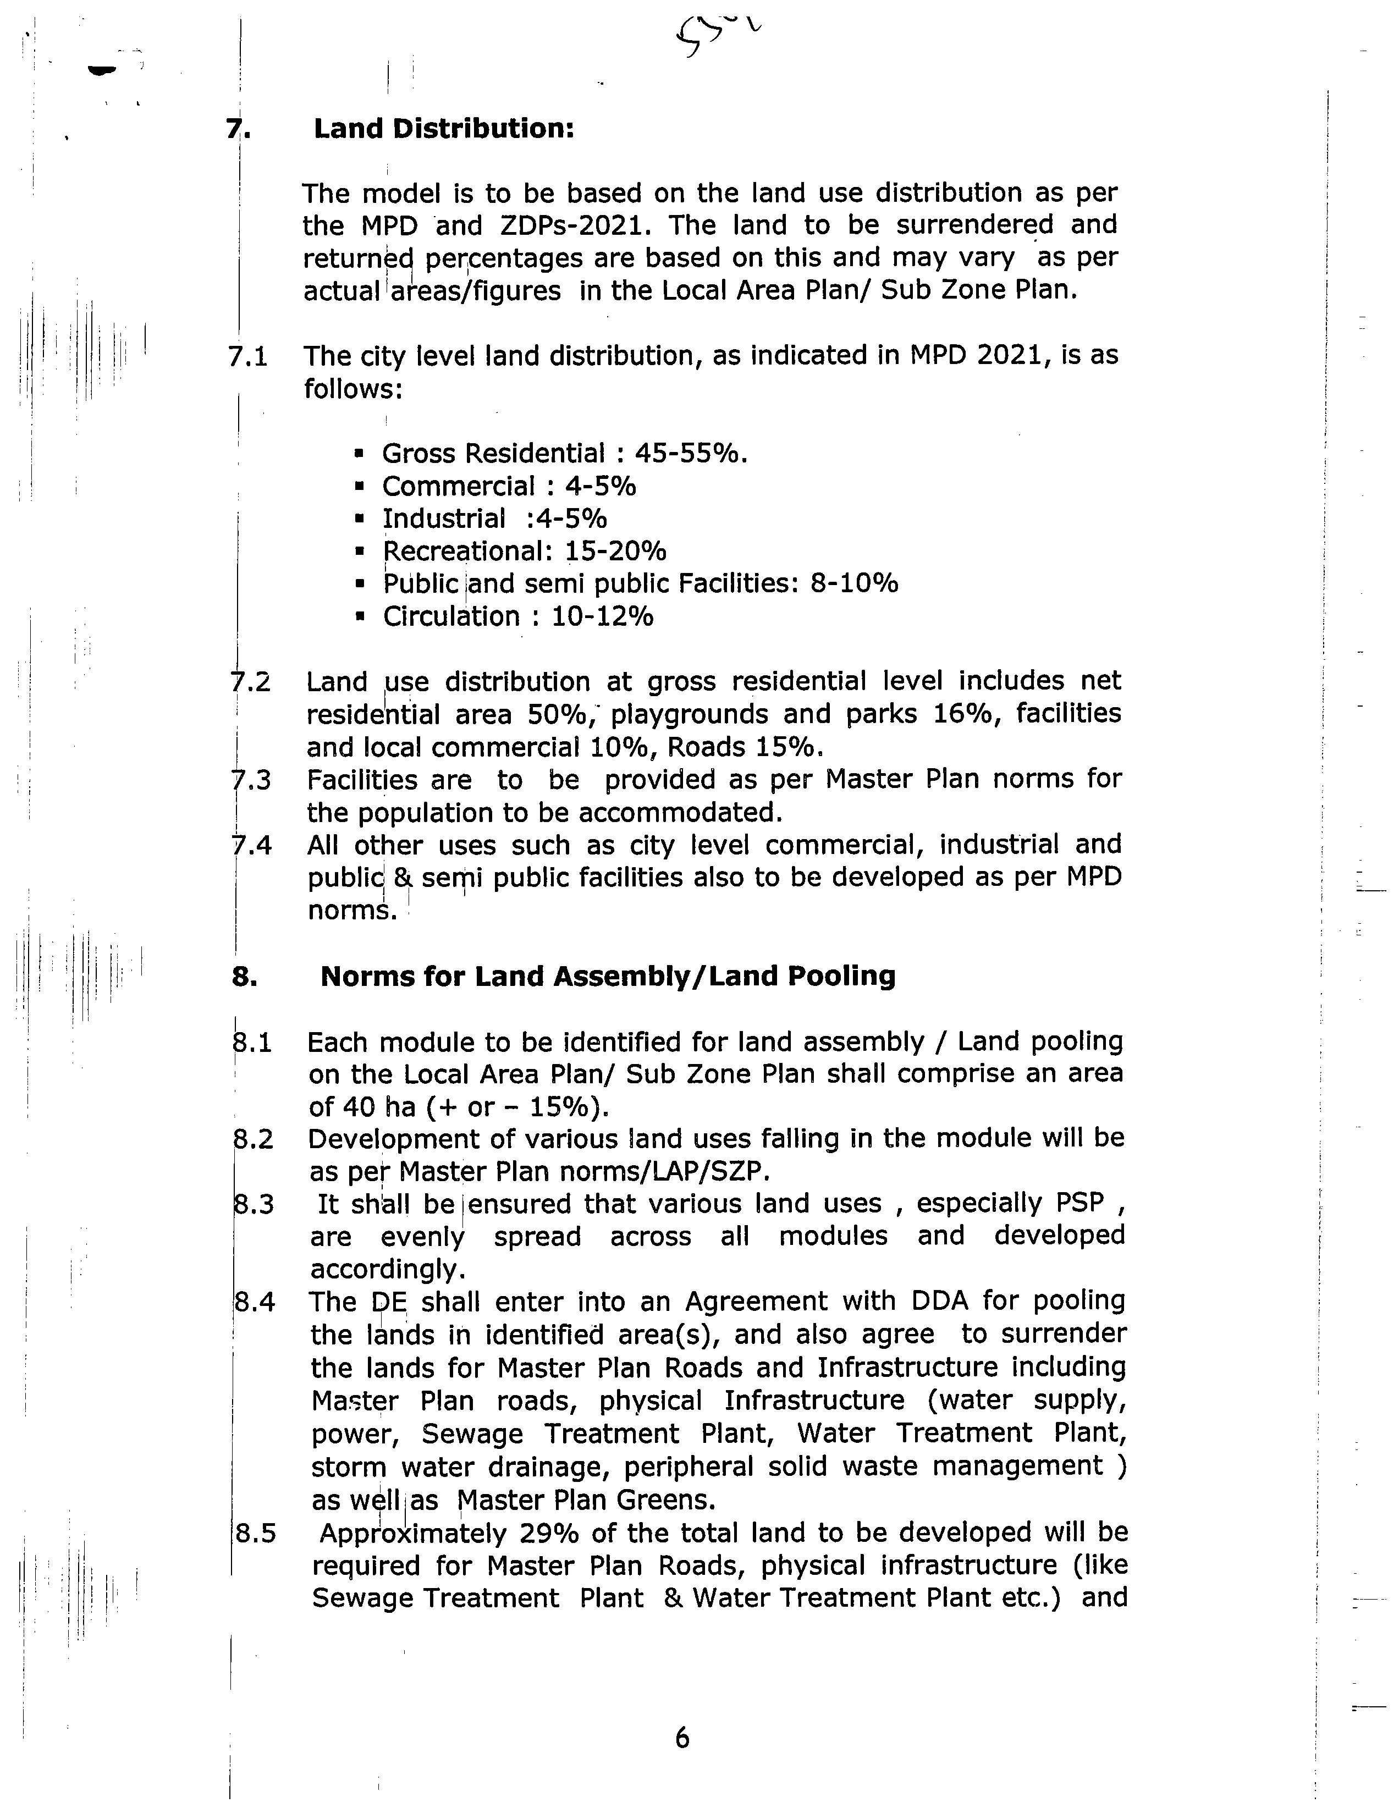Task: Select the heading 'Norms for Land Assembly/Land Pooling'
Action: pos(608,977)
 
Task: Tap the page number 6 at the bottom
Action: pos(681,1737)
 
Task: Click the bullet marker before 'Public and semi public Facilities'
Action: pos(359,585)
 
